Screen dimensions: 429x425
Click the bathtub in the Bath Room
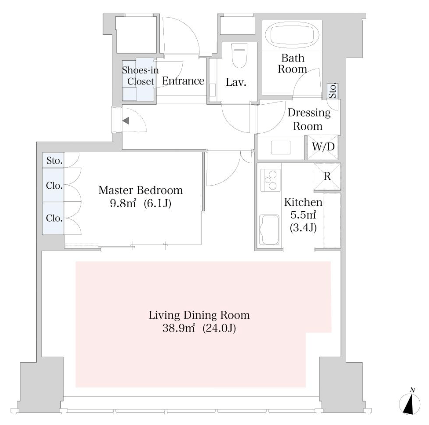tap(292, 35)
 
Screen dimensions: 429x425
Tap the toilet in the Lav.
tap(239, 56)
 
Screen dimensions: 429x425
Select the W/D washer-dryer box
tap(323, 147)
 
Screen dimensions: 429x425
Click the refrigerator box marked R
tap(327, 177)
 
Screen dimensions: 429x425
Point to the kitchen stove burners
tap(270, 180)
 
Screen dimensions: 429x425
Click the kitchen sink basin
tap(269, 230)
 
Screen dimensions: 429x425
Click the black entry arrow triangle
tap(126, 120)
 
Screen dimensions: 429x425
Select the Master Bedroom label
tap(140, 190)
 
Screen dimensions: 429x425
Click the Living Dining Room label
tap(199, 315)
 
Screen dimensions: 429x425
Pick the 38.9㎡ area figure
tap(179, 328)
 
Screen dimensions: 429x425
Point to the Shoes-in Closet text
tap(140, 76)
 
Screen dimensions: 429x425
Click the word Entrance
tap(183, 81)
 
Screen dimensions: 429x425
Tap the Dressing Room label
tap(309, 119)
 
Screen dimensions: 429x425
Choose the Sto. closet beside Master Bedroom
tap(53, 160)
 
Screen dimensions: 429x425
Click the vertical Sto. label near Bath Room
tap(332, 91)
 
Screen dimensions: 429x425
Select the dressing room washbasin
tap(281, 148)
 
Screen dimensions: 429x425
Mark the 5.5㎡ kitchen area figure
tap(303, 215)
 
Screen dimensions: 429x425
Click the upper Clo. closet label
tap(54, 186)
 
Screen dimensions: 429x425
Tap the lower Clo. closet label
tap(54, 218)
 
